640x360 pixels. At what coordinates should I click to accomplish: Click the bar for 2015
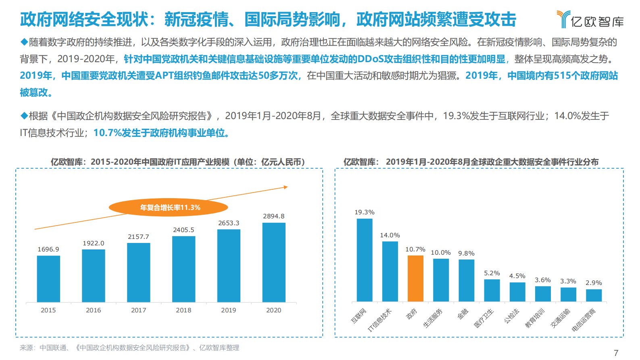click(x=48, y=279)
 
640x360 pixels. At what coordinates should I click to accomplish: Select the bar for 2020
click(x=274, y=262)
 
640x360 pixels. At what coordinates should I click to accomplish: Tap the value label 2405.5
click(x=183, y=230)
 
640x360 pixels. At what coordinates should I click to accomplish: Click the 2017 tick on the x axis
click(x=138, y=310)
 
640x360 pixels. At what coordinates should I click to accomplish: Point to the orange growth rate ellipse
click(x=169, y=207)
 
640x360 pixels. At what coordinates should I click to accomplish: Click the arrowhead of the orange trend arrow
click(x=286, y=187)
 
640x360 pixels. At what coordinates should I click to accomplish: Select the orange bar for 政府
click(x=415, y=278)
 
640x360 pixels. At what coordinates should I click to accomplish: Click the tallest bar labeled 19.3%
click(x=365, y=260)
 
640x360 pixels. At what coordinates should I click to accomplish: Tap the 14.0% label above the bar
click(x=390, y=235)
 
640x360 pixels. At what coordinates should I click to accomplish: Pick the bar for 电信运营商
click(x=594, y=295)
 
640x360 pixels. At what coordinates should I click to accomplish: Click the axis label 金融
click(x=463, y=314)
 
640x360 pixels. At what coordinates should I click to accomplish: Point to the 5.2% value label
click(x=492, y=273)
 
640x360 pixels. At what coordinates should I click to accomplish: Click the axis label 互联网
click(x=359, y=316)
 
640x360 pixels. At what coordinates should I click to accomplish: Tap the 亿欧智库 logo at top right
click(x=590, y=19)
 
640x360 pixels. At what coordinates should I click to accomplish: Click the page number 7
click(x=616, y=353)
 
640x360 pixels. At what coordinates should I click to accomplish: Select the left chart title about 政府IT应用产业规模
click(x=177, y=162)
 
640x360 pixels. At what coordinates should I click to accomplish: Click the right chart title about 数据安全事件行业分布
click(x=471, y=162)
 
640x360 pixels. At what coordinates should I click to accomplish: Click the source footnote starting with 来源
click(x=129, y=347)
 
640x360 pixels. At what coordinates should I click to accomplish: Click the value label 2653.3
click(x=229, y=223)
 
